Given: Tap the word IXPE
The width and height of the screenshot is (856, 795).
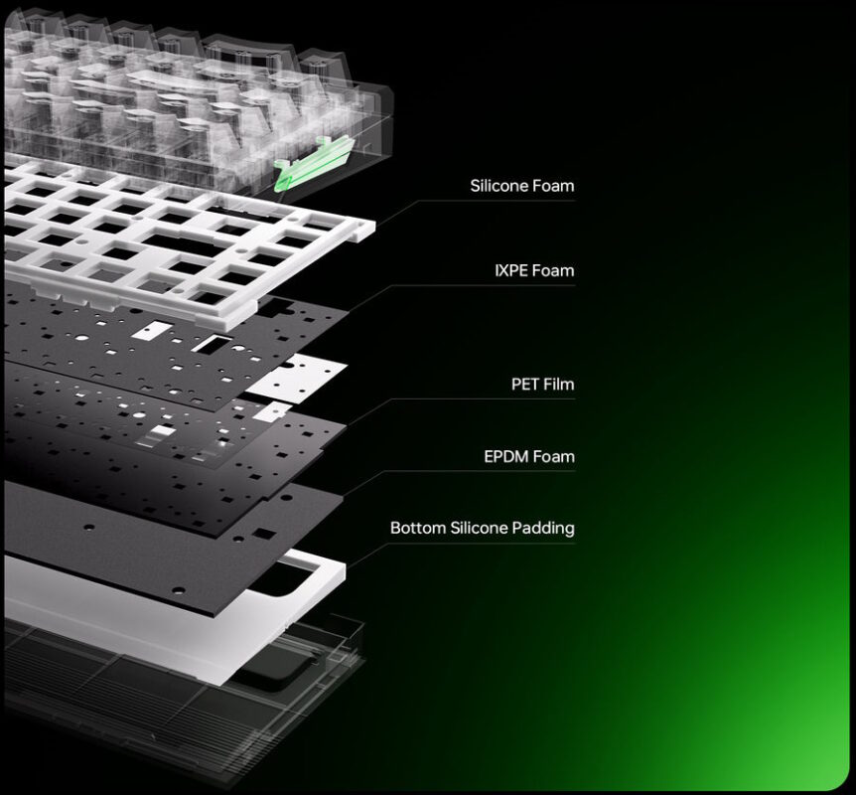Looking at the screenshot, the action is click(511, 270).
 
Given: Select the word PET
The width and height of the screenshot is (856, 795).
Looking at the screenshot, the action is click(524, 385).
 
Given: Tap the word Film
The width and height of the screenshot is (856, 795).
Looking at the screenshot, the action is click(558, 385).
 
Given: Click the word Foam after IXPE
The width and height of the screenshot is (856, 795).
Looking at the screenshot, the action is click(553, 270).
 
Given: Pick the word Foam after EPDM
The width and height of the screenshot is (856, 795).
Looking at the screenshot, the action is click(553, 456).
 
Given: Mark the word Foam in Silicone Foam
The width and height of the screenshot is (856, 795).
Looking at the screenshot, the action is click(553, 186).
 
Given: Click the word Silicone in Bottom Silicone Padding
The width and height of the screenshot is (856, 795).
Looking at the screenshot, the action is click(479, 528).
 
